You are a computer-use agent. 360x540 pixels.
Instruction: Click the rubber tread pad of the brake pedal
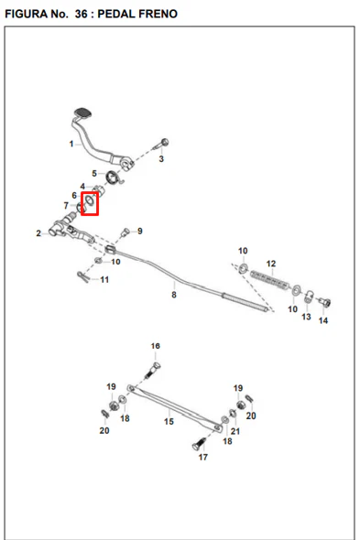coord(83,113)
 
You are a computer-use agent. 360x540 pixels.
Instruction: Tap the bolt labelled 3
coord(161,145)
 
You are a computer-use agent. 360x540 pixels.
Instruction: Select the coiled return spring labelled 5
coord(113,178)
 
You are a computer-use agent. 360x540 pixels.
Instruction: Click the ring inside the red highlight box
coord(89,200)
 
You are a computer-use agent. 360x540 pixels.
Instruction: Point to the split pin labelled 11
coord(83,276)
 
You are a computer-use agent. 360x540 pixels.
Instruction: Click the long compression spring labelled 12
coord(270,279)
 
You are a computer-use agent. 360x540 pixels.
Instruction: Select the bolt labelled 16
coord(153,370)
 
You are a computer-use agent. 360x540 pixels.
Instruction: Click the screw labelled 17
coord(199,444)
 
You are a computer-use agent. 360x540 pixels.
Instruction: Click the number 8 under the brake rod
coord(174,295)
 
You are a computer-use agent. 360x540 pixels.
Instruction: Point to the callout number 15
coord(169,421)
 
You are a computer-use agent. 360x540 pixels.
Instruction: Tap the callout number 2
coord(38,233)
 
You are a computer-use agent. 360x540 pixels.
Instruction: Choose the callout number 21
coord(235,431)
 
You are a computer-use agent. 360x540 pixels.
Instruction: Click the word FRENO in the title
coord(158,14)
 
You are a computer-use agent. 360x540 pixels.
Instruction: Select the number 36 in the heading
coord(82,14)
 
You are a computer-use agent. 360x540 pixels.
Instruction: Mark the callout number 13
coord(306,317)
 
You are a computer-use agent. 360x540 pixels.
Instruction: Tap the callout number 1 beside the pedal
coord(71,144)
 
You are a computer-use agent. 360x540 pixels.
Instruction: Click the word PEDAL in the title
coord(115,14)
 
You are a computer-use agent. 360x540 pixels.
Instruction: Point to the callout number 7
coord(66,206)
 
